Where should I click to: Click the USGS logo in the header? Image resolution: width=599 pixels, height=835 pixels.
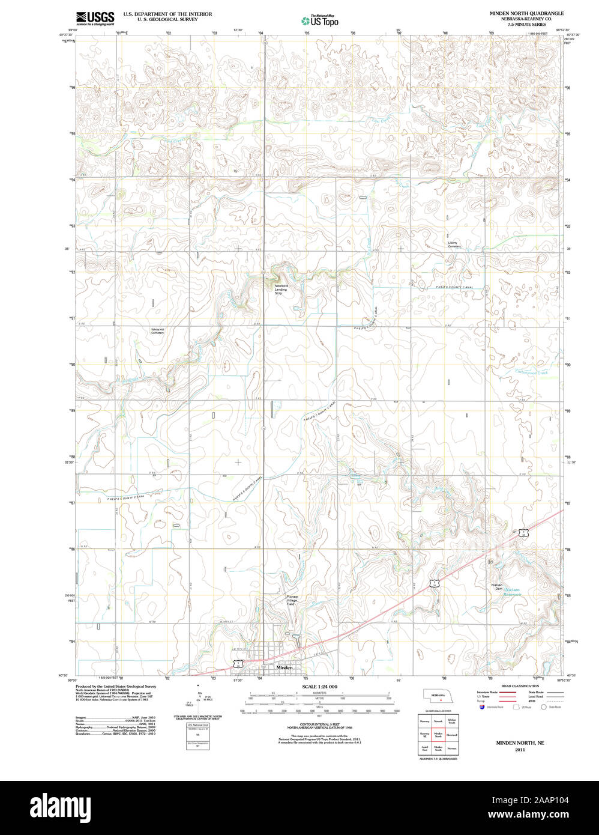click(95, 18)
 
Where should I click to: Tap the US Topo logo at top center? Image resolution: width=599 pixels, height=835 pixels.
click(319, 21)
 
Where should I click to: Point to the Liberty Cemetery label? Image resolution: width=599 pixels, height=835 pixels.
click(454, 244)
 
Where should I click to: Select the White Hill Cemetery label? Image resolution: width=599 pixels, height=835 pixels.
click(157, 331)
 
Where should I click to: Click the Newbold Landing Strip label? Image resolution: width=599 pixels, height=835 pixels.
click(281, 289)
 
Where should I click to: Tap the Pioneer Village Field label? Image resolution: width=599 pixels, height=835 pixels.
click(291, 600)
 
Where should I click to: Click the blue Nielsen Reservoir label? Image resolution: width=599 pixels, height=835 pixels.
click(514, 592)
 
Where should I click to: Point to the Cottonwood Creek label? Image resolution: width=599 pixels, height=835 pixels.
click(532, 372)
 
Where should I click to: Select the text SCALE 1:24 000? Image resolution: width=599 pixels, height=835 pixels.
click(319, 687)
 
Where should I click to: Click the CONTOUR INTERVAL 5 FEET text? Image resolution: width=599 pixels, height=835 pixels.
click(319, 725)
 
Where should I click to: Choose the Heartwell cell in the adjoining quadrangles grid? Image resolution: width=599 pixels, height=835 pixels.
click(452, 735)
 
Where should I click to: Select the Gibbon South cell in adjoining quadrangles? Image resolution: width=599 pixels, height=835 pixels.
click(452, 720)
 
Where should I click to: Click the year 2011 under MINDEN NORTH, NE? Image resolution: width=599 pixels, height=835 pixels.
click(511, 750)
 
